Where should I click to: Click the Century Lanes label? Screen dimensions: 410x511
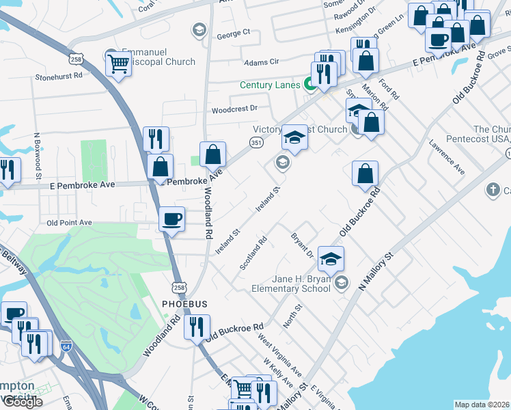click(270, 85)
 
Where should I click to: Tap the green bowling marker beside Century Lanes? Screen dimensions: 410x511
click(309, 85)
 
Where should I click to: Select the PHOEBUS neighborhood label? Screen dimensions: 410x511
click(184, 303)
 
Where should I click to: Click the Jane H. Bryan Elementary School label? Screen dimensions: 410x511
click(292, 284)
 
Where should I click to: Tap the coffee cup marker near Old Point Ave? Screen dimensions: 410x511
click(171, 219)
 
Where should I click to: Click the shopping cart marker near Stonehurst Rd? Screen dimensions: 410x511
click(118, 64)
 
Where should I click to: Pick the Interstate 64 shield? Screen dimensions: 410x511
click(66, 346)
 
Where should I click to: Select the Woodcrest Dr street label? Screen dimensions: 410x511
click(234, 109)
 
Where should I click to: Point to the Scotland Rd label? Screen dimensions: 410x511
click(253, 254)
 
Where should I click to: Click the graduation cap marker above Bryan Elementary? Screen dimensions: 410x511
click(331, 259)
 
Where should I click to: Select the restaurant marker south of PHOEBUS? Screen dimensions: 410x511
click(197, 327)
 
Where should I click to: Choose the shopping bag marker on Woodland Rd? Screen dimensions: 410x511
click(213, 154)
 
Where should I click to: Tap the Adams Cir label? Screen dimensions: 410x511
click(262, 62)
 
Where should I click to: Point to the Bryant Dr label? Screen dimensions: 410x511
click(301, 245)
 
